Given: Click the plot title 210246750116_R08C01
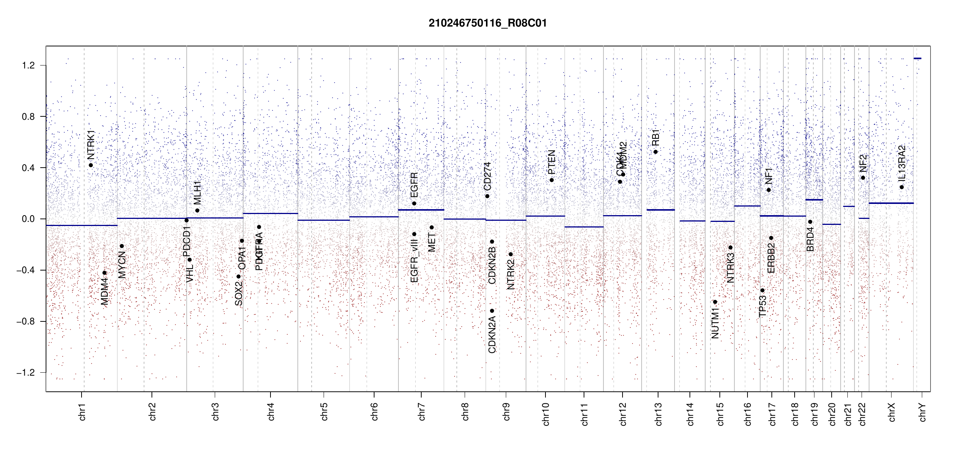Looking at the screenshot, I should pyautogui.click(x=487, y=23).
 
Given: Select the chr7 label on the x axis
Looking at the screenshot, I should pyautogui.click(x=422, y=412).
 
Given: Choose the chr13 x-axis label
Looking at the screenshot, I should pyautogui.click(x=658, y=414).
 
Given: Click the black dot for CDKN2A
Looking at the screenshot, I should pyautogui.click(x=492, y=311).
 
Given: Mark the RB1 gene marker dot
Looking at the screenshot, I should pyautogui.click(x=655, y=152).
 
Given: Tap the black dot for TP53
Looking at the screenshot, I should pyautogui.click(x=762, y=291).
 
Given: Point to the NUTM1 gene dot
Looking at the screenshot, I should pyautogui.click(x=715, y=302).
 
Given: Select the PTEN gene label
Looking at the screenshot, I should pyautogui.click(x=551, y=162).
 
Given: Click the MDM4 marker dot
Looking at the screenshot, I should pyautogui.click(x=104, y=273).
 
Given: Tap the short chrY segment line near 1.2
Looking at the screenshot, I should pyautogui.click(x=917, y=58).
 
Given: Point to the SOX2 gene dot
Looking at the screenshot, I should pyautogui.click(x=238, y=277).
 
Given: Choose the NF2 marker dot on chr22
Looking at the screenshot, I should pyautogui.click(x=863, y=178).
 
